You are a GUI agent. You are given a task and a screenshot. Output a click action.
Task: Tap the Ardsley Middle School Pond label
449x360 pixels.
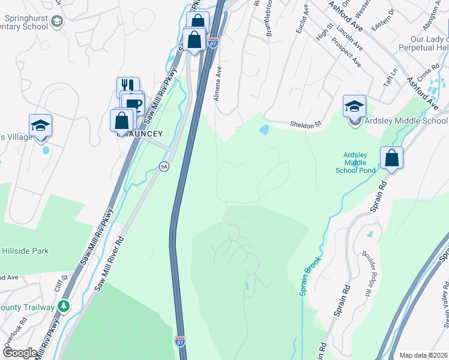tap(360, 163)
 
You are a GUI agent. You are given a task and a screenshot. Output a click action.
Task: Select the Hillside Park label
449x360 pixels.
tap(25, 251)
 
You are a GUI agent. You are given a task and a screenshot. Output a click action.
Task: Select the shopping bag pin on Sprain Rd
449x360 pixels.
tap(391, 159)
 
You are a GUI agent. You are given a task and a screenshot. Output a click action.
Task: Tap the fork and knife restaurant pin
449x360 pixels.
tap(128, 88)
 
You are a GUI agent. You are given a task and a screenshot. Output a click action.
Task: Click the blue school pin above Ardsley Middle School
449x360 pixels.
tap(354, 107)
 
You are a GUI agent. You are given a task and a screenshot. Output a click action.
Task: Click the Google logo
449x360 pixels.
tap(20, 353)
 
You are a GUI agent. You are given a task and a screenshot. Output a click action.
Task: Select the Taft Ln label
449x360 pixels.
tap(393, 76)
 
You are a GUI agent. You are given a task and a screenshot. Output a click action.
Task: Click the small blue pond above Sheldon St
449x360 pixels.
tap(264, 129)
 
